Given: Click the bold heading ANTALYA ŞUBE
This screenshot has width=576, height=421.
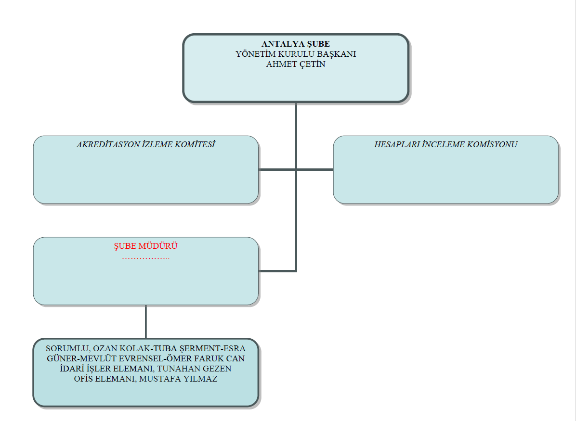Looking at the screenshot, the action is [296, 44].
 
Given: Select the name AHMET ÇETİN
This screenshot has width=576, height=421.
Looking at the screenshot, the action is [296, 64].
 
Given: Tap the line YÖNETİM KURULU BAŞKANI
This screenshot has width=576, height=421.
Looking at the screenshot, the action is [296, 54].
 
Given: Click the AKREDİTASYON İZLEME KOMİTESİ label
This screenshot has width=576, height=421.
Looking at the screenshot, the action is [146, 144].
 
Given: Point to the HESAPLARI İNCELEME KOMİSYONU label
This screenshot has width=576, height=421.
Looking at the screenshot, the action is [445, 144].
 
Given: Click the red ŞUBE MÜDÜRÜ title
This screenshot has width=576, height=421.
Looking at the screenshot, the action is [146, 246].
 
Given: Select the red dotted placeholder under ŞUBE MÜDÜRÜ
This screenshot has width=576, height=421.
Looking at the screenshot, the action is [146, 258].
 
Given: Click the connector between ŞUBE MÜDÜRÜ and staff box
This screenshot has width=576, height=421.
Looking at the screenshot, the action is [146, 321].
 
